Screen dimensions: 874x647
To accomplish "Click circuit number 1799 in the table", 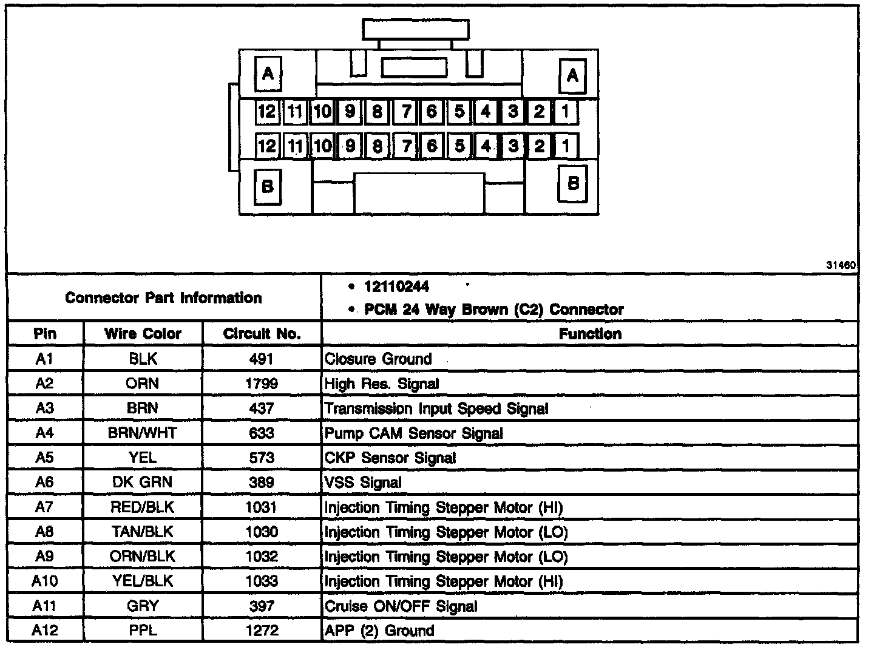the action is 262,384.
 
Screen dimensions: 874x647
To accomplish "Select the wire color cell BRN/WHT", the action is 143,433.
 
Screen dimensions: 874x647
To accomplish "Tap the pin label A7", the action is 44,507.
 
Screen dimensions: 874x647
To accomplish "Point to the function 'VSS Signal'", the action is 363,483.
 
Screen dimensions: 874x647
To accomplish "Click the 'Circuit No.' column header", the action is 262,334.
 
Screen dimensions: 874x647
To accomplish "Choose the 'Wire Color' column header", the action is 143,334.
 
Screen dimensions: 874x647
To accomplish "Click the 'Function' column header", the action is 589,334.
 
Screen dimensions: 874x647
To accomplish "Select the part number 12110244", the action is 397,286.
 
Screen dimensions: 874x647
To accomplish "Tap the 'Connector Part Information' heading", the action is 163,298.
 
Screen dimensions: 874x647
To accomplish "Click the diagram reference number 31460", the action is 841,266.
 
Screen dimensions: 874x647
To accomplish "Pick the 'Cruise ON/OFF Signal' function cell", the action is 401,606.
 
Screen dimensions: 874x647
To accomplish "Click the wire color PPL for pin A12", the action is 143,631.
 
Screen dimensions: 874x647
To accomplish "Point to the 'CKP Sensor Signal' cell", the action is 390,458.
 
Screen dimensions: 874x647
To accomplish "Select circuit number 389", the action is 262,483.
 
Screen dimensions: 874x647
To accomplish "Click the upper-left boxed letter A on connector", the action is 268,75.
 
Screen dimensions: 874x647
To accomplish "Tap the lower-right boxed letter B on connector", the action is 572,183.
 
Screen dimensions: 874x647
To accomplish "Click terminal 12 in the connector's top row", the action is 266,112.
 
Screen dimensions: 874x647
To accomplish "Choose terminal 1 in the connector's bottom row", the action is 566,146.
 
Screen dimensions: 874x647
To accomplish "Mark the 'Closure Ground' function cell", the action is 378,359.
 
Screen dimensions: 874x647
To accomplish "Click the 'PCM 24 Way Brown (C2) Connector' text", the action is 493,310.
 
